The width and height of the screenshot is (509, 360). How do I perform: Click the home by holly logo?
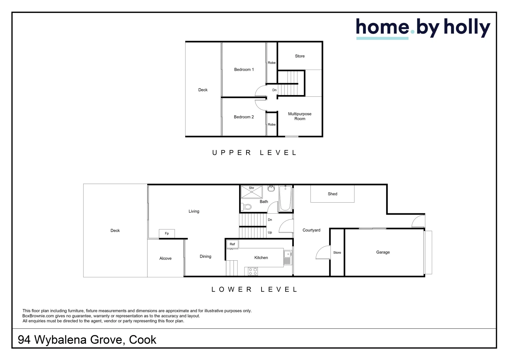(423, 28)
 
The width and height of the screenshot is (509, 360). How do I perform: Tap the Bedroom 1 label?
(244, 70)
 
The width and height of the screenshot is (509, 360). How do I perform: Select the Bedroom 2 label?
(244, 117)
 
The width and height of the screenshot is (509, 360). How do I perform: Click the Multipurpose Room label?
(299, 116)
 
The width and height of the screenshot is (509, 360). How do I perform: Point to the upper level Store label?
(299, 56)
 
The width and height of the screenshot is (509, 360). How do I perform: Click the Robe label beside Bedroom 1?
(271, 63)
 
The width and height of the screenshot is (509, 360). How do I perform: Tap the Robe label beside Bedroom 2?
(271, 125)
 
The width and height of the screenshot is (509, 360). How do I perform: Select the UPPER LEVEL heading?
(254, 153)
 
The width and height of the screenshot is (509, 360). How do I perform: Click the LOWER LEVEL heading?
(254, 289)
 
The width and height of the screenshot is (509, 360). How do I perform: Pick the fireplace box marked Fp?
(167, 233)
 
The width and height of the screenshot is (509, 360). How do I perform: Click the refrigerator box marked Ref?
(232, 244)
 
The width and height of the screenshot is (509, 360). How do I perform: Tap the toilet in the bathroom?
(247, 207)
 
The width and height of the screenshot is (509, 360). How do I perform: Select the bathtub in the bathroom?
(285, 199)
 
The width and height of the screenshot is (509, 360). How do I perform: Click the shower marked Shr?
(252, 192)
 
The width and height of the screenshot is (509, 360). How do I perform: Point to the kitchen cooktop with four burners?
(253, 271)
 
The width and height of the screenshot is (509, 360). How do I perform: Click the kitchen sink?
(287, 257)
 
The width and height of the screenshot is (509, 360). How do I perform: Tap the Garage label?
(383, 252)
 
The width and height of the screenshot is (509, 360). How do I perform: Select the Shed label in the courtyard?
(332, 194)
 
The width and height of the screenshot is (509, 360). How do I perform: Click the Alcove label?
(165, 258)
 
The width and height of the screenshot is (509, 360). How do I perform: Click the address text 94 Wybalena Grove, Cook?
(87, 340)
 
